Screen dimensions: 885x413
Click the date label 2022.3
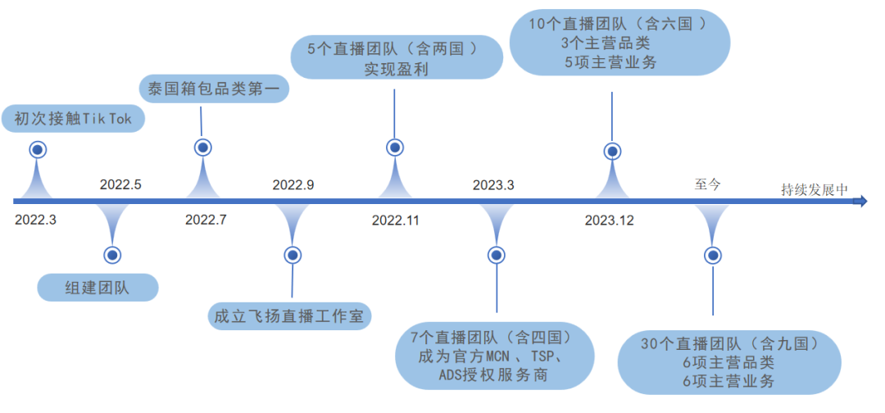35,220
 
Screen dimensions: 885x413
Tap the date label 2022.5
120,184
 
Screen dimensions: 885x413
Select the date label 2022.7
206,220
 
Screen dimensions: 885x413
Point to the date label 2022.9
293,184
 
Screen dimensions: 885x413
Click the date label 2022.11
396,220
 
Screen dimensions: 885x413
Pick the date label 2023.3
493,184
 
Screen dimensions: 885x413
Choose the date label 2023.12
609,220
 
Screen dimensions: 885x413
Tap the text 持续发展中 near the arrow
814,190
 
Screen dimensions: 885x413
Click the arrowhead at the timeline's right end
860,202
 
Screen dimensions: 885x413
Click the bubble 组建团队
98,287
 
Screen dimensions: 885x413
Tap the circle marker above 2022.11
395,147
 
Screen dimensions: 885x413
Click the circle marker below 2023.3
495,255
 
